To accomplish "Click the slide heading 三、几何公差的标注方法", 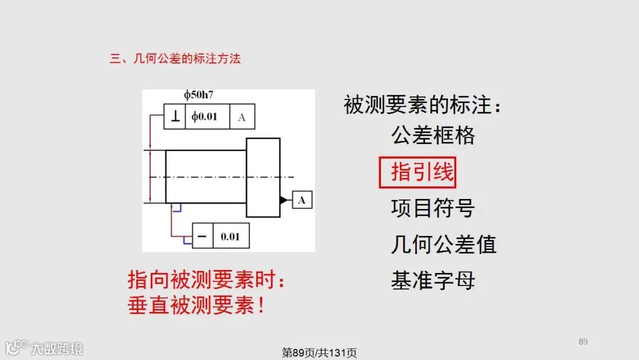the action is [x=175, y=59].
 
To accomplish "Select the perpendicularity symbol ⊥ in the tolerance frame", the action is [x=175, y=117].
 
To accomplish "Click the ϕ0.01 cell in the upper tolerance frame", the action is [x=205, y=117].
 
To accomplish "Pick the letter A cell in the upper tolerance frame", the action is [x=241, y=117].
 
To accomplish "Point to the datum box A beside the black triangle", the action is [x=302, y=200].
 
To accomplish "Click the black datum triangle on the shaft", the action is [x=285, y=200].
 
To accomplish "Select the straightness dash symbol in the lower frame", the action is [x=202, y=236].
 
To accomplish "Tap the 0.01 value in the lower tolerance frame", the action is [x=230, y=236].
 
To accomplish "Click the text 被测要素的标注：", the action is [x=424, y=105].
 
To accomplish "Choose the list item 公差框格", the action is [x=433, y=136].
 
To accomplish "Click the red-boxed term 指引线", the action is [x=418, y=172].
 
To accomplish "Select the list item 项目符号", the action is [x=433, y=208].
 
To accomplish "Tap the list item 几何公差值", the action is [x=443, y=244].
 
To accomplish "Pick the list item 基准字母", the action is [x=433, y=280].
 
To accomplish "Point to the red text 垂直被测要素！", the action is [x=196, y=306].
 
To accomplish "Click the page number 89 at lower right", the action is [x=583, y=342].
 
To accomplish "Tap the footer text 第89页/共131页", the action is [x=319, y=353].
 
